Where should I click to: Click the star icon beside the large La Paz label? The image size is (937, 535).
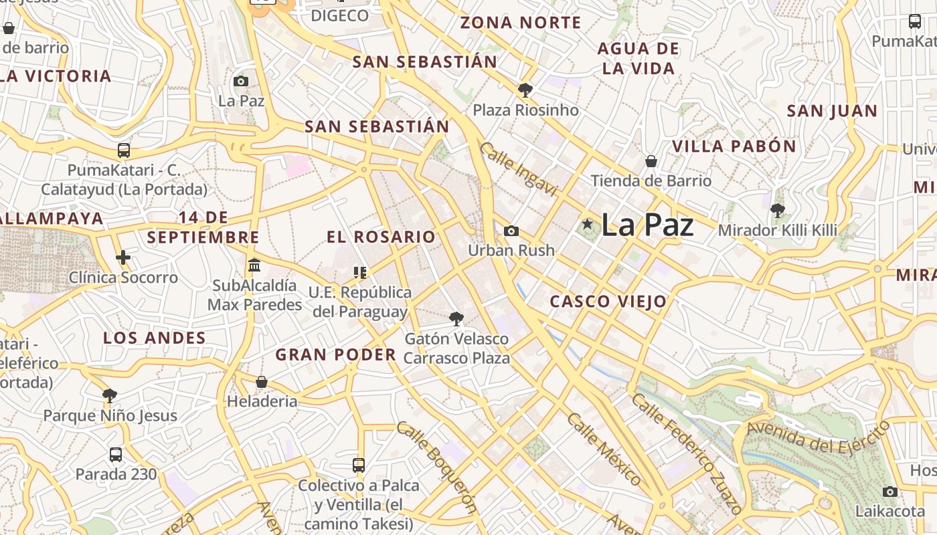click(x=587, y=224)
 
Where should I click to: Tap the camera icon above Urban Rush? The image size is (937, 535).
click(x=511, y=231)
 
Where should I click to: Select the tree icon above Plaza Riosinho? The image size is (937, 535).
click(x=525, y=90)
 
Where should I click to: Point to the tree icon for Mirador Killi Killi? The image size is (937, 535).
click(x=777, y=211)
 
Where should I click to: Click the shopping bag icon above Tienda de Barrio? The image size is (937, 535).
click(x=651, y=161)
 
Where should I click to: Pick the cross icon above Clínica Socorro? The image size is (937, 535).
click(x=123, y=257)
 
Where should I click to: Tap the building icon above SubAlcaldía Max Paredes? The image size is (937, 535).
click(x=254, y=265)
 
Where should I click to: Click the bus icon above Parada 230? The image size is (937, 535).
click(x=116, y=455)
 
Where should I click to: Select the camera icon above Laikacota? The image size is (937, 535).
click(x=889, y=492)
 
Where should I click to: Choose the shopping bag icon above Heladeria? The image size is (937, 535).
click(x=262, y=382)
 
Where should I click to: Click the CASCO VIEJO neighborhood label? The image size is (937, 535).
click(x=608, y=302)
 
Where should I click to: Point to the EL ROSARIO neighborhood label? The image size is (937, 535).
click(x=381, y=237)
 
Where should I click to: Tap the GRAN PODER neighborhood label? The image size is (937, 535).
click(x=336, y=354)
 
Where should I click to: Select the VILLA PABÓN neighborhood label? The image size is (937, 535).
click(x=734, y=146)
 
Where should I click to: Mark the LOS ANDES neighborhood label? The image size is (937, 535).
click(x=155, y=338)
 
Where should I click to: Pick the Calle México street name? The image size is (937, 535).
click(x=604, y=449)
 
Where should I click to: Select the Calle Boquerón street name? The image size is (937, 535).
click(x=436, y=467)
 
